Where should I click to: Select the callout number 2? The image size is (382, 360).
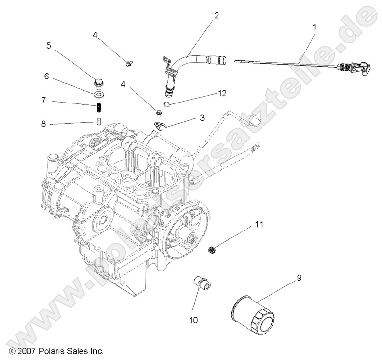(x=217, y=15)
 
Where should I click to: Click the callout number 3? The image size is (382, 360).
(x=201, y=118)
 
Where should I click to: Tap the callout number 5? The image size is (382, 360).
(x=48, y=45)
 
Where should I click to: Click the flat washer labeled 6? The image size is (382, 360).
(x=100, y=93)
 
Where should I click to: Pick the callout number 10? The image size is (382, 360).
(x=193, y=320)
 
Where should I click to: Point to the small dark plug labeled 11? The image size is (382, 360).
(x=212, y=250)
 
